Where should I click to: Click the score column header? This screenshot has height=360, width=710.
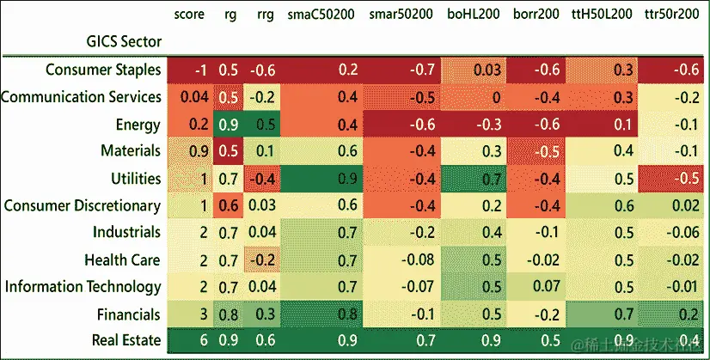point(191,15)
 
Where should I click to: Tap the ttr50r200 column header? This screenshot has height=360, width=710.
point(671,15)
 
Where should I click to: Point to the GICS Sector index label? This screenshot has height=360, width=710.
point(124,40)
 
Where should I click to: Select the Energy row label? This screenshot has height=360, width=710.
point(138,125)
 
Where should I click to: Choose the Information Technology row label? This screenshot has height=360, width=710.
point(83,286)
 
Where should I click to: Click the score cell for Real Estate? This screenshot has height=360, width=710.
point(202,341)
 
